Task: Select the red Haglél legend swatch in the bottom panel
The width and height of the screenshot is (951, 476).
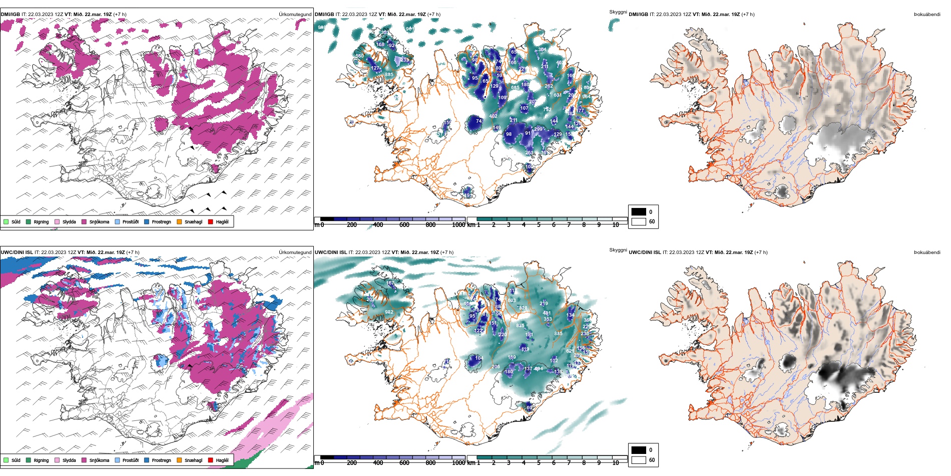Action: (x=211, y=460)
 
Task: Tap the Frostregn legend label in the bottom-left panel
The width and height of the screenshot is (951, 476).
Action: (x=161, y=460)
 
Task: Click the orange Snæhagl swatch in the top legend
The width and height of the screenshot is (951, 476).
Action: (x=179, y=221)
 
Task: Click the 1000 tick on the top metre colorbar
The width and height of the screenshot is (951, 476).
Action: (x=458, y=225)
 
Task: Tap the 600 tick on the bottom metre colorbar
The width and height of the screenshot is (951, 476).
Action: (x=404, y=463)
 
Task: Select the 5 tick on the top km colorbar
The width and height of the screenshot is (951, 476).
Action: (x=539, y=225)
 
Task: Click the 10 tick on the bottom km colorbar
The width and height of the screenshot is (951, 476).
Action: (x=616, y=463)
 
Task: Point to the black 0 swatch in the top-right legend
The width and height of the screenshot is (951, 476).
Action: (x=639, y=212)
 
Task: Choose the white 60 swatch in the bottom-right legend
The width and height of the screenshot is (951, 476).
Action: (x=639, y=459)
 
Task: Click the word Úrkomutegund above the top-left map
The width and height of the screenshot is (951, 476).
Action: (x=295, y=15)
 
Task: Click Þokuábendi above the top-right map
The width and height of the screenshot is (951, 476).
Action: (x=927, y=15)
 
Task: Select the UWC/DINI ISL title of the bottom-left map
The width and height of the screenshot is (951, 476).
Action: (x=17, y=253)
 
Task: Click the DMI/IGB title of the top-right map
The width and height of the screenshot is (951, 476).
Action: (x=638, y=15)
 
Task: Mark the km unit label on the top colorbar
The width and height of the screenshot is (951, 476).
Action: (x=471, y=225)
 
